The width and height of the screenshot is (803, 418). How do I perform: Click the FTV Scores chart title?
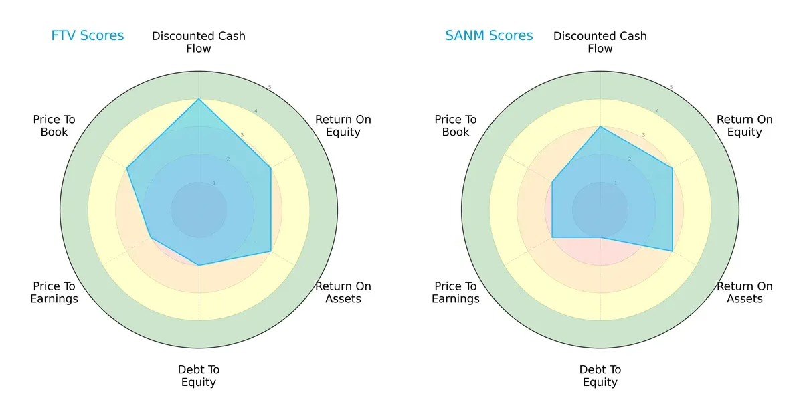[x=88, y=36]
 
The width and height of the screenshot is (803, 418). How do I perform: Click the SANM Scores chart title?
[x=489, y=36]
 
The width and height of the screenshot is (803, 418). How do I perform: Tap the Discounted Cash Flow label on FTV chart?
[x=199, y=42]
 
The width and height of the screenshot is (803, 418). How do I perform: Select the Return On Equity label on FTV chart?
[x=343, y=126]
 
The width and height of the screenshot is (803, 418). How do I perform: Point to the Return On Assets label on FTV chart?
[x=343, y=292]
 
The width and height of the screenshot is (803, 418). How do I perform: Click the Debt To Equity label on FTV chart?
[x=199, y=376]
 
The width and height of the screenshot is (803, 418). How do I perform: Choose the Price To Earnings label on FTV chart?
[x=54, y=292]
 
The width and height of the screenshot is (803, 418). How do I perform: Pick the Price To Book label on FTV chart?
[x=54, y=126]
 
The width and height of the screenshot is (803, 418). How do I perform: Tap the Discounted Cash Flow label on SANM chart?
[x=600, y=42]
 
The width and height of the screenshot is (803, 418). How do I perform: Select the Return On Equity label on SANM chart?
[x=745, y=126]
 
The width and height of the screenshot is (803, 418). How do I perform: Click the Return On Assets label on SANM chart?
[x=745, y=292]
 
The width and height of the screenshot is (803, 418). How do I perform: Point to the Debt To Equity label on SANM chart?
[x=600, y=376]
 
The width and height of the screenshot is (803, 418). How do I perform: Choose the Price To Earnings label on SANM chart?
[x=456, y=292]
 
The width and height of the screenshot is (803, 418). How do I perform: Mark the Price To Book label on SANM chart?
[x=456, y=126]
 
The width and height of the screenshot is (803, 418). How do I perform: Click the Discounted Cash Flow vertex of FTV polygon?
[x=199, y=99]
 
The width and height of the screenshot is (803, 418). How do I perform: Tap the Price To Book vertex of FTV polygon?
[x=127, y=169]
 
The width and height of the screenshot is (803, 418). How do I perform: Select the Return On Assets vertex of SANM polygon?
[x=673, y=251]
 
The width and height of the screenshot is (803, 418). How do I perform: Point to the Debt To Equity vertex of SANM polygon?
[x=600, y=237]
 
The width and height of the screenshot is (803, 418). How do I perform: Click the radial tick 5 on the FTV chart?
[x=270, y=88]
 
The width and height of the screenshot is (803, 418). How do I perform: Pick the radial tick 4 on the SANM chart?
[x=656, y=111]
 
